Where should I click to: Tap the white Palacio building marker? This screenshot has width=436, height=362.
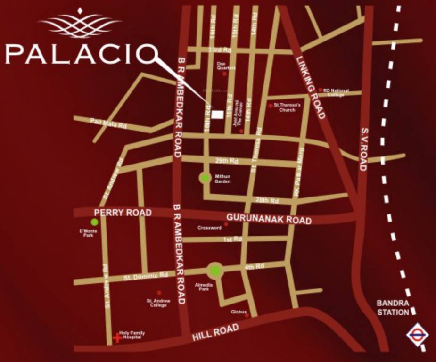click(217, 115)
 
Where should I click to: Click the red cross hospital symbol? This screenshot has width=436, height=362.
click(116, 337)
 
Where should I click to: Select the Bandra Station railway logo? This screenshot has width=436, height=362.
click(417, 336)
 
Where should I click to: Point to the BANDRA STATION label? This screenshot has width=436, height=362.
click(393, 307)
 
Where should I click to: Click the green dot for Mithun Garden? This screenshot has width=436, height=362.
click(204, 178)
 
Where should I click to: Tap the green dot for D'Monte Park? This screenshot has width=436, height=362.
click(95, 222)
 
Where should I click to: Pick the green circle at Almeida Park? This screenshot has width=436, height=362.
click(214, 271)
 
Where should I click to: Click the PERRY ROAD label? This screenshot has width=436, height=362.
click(123, 213)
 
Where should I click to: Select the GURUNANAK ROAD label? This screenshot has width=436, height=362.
click(269, 219)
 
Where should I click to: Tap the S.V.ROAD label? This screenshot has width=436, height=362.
click(364, 149)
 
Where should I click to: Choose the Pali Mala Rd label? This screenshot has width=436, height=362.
click(109, 123)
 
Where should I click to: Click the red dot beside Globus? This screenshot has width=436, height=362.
click(247, 315)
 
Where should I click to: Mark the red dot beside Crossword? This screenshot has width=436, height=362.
click(226, 224)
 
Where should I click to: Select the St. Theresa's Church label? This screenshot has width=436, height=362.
click(284, 107)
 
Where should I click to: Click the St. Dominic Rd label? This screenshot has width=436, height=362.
click(146, 276)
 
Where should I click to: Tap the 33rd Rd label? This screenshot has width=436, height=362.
click(220, 49)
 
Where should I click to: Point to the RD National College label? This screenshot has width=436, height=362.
click(336, 92)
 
